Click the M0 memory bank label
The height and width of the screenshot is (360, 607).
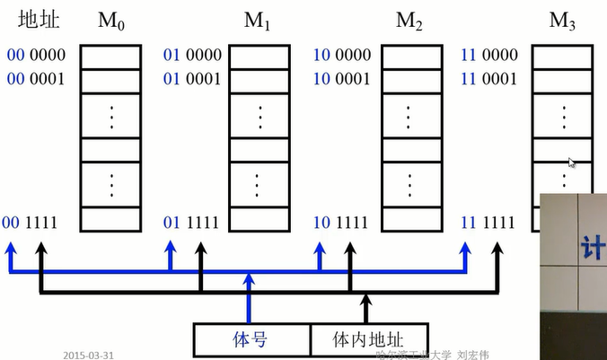[111, 20]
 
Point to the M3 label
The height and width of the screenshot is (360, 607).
[562, 20]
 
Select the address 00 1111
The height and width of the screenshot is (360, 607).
[35, 221]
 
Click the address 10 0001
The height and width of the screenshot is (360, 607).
[342, 78]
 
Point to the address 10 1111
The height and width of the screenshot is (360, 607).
[342, 221]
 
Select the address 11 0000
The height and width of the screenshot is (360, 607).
[488, 56]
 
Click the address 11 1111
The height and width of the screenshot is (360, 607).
[488, 221]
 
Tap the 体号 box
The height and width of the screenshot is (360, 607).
[252, 339]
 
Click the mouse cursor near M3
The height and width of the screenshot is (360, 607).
[571, 163]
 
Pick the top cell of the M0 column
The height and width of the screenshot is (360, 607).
[111, 56]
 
